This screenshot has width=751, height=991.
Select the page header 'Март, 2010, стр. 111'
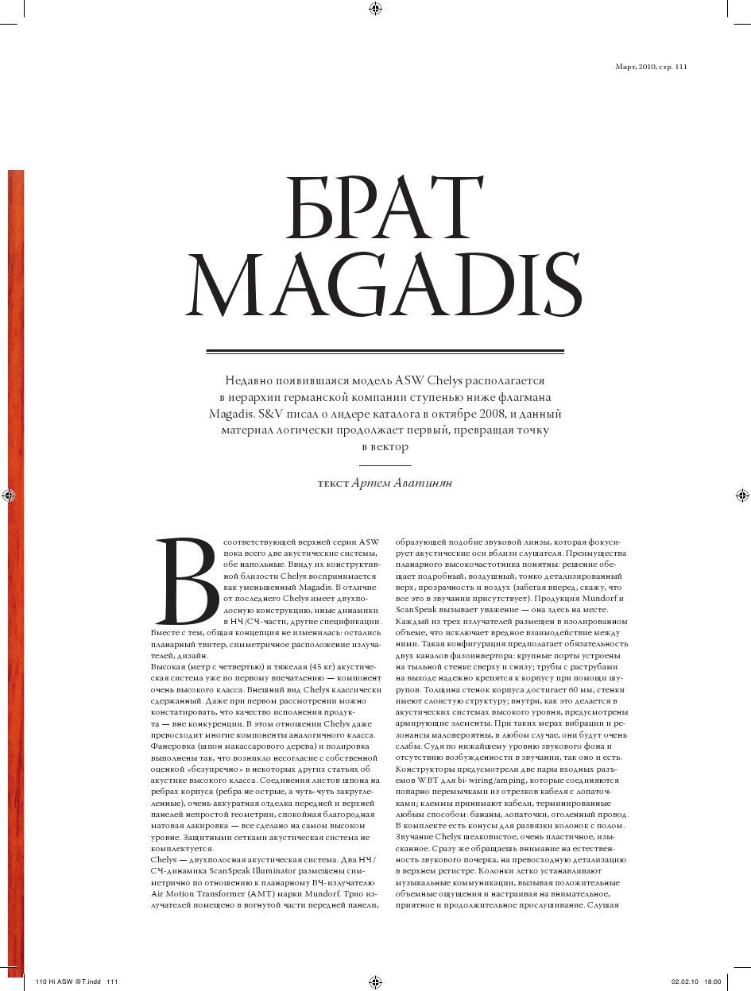[651, 67]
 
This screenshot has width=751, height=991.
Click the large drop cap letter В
[188, 581]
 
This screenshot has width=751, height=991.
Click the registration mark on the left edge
[9, 495]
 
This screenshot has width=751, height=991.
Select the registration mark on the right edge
[741, 495]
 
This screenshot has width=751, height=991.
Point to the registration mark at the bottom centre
[376, 982]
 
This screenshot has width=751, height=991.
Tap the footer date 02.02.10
[684, 982]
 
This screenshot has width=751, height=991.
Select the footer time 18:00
[712, 982]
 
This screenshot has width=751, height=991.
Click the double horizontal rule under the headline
[385, 351]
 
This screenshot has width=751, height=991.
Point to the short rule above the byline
[385, 465]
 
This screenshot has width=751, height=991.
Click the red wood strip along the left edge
[15, 556]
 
